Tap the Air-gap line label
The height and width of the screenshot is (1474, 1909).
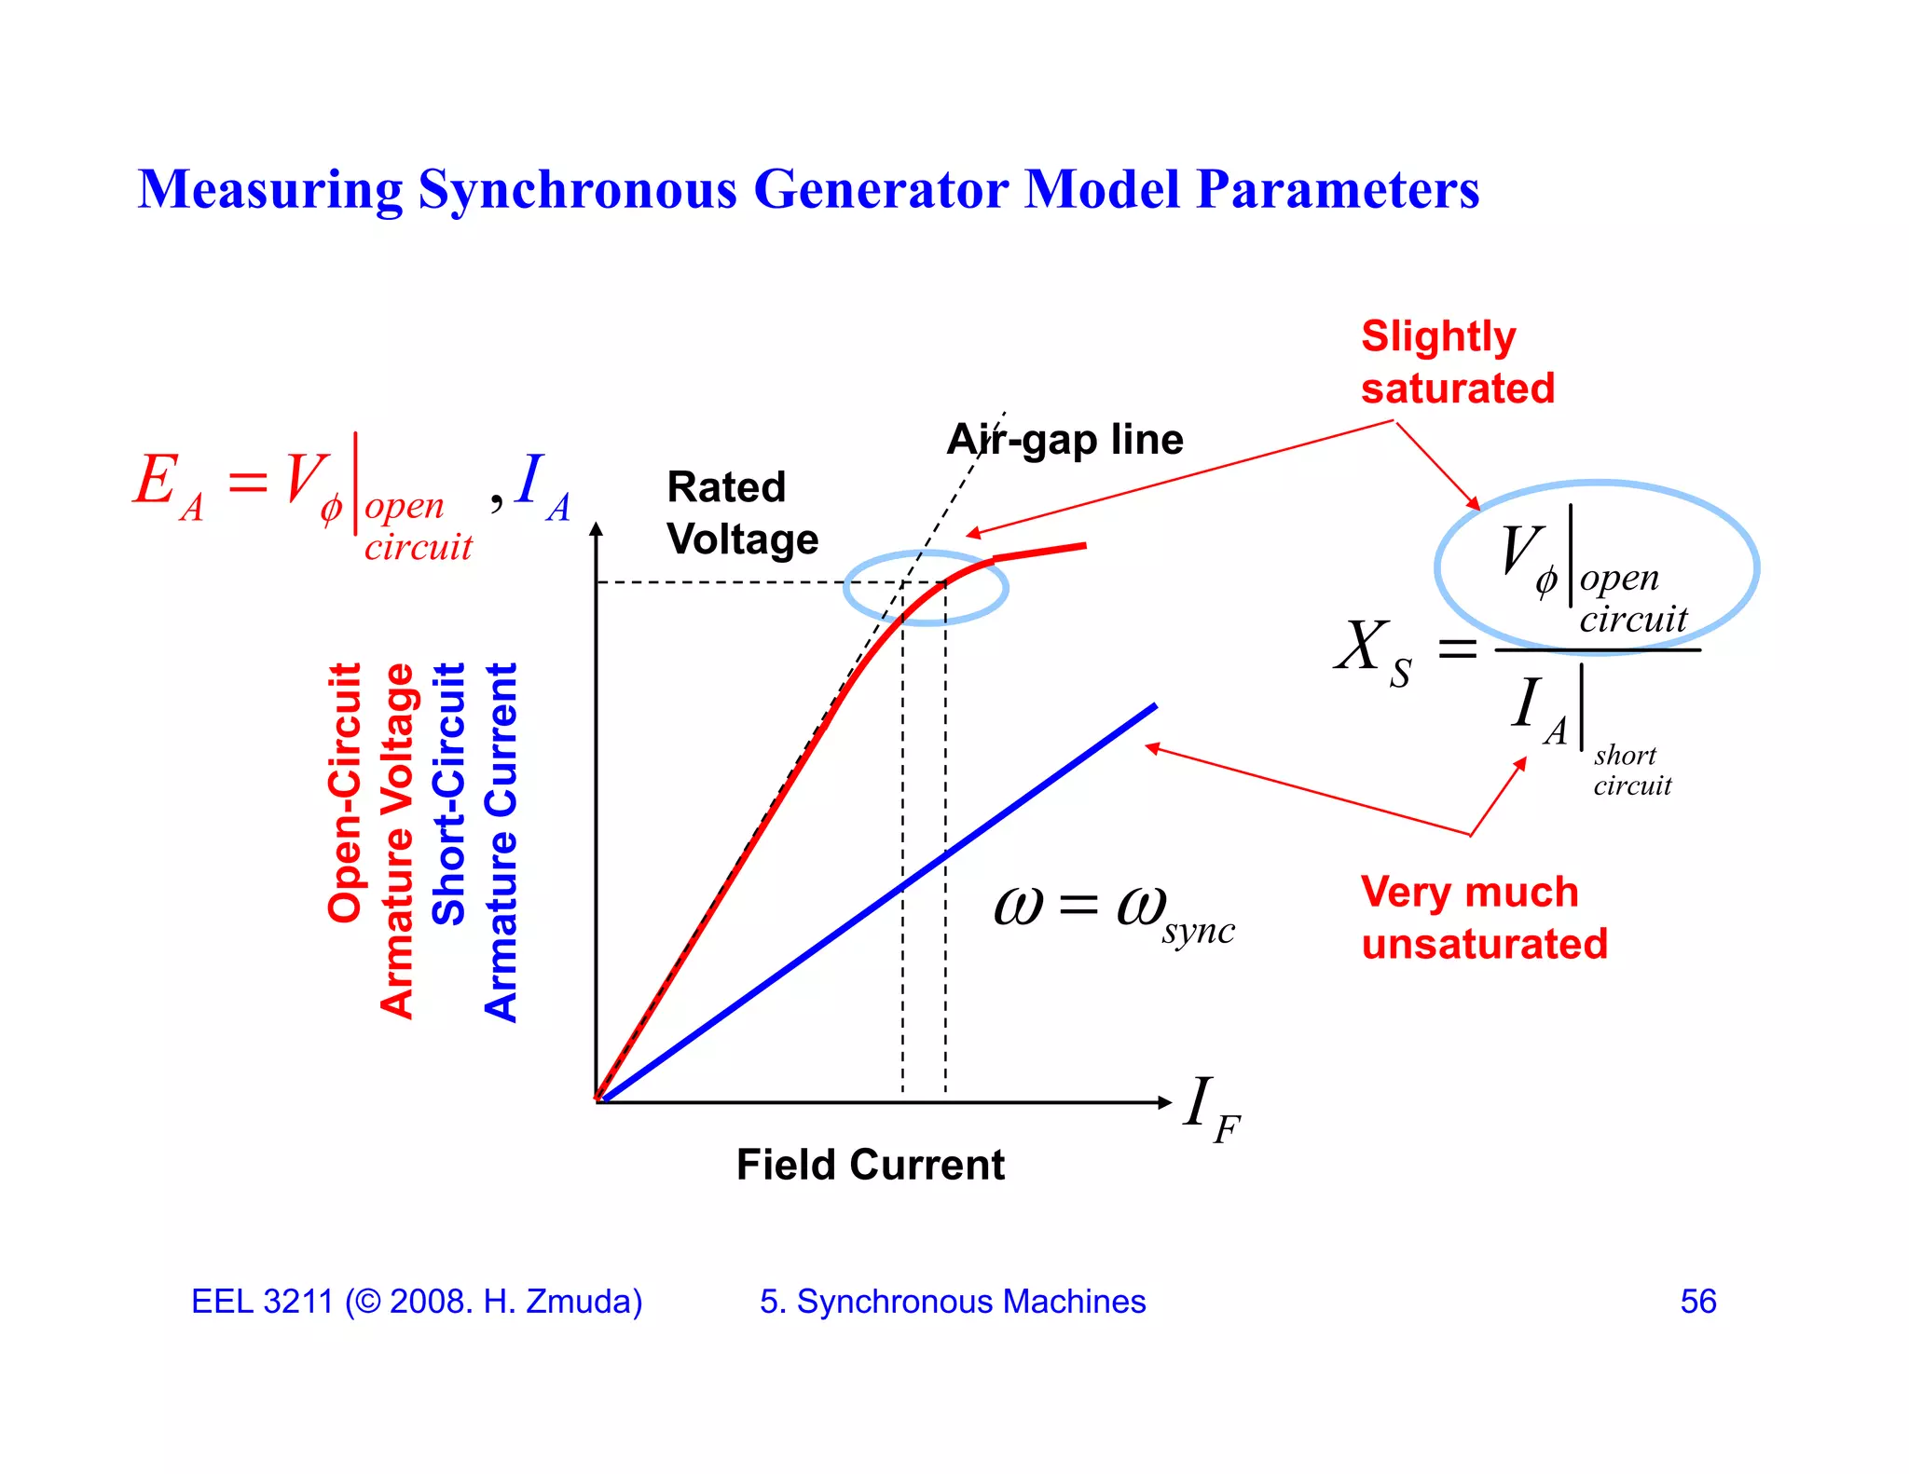1064,439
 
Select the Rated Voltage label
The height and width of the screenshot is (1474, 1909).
742,513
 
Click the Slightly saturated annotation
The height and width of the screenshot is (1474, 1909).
1456,362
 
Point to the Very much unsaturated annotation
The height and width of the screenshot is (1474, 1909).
1483,918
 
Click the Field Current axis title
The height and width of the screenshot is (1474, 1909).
870,1165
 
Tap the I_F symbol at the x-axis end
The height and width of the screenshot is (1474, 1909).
1209,1108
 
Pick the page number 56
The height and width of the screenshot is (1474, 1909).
1697,1302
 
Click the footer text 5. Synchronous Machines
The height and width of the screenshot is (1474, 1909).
952,1302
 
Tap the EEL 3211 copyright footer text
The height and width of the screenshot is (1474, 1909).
417,1302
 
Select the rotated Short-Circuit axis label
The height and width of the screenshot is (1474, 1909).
448,794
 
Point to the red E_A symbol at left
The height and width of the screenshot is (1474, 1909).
166,485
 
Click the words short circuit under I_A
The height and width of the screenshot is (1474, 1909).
1631,771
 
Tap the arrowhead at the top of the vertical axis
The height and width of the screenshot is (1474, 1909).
597,530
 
